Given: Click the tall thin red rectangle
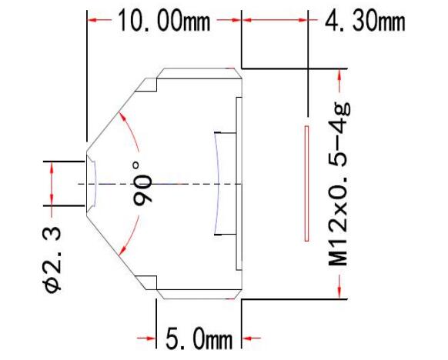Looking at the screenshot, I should coord(306,182).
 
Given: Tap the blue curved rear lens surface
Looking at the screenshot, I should coord(217,183).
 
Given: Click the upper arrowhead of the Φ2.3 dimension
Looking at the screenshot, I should coord(52,166).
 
